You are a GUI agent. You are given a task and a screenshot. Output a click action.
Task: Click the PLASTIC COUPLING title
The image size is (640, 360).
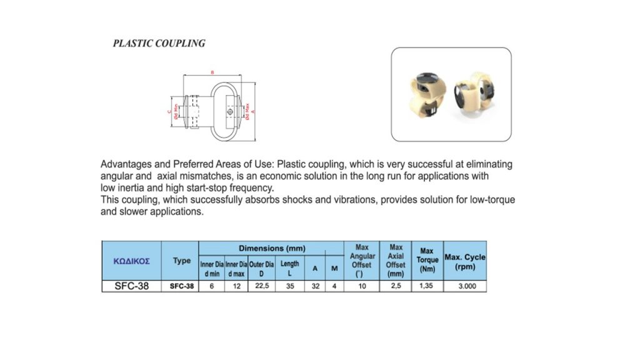[x=159, y=44]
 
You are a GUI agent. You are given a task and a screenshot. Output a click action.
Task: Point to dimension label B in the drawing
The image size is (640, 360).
[x=212, y=73]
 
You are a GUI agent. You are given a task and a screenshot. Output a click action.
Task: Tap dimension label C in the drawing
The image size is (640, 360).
[x=169, y=112]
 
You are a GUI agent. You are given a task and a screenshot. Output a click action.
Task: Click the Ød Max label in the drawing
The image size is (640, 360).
[x=248, y=111]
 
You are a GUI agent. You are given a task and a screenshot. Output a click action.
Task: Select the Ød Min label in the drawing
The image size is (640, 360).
[x=176, y=112]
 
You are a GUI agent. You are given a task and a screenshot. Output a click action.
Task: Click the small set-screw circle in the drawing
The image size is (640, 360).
[x=231, y=112]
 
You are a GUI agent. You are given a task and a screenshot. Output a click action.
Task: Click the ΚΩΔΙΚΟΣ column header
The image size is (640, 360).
[x=131, y=261]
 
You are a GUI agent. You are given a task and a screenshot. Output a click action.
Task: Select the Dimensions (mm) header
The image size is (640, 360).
[x=271, y=248]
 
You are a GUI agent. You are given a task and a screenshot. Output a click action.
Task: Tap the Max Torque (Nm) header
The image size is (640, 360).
[x=427, y=260]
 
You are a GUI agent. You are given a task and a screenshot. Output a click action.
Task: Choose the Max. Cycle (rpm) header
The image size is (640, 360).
[x=464, y=261]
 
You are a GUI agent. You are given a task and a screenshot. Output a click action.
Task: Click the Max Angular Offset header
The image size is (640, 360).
[x=362, y=260]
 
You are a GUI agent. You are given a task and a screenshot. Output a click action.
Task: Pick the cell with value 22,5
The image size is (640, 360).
[x=261, y=286]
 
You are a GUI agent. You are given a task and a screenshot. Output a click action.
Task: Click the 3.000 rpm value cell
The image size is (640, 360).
[x=464, y=286]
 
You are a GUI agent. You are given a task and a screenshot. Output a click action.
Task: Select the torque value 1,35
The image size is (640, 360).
[x=427, y=286]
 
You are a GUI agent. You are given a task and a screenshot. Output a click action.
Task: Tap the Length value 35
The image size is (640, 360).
[x=290, y=286]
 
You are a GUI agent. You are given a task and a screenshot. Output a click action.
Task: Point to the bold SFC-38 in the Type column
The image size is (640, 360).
[x=181, y=286]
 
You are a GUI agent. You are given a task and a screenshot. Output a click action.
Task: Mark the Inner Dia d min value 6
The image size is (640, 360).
[x=211, y=286]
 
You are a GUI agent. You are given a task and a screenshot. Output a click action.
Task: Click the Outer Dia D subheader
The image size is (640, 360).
[x=261, y=269]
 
